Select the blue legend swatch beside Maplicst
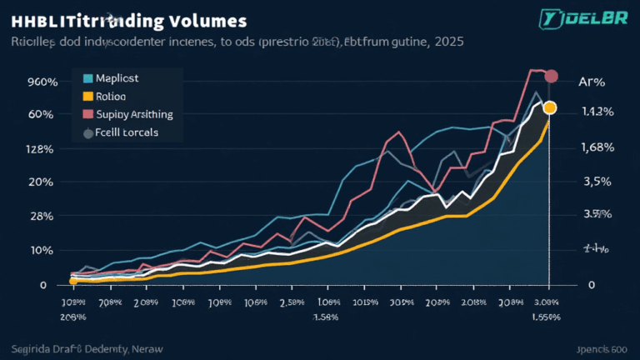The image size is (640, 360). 87,79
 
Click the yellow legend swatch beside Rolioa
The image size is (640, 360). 87,97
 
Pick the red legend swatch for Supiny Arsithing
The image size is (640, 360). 87,114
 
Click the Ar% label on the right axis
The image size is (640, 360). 591,82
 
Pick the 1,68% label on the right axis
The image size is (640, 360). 597,147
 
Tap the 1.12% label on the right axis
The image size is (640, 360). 597,112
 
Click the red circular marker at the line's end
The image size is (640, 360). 550,77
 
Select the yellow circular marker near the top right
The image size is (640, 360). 549,107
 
